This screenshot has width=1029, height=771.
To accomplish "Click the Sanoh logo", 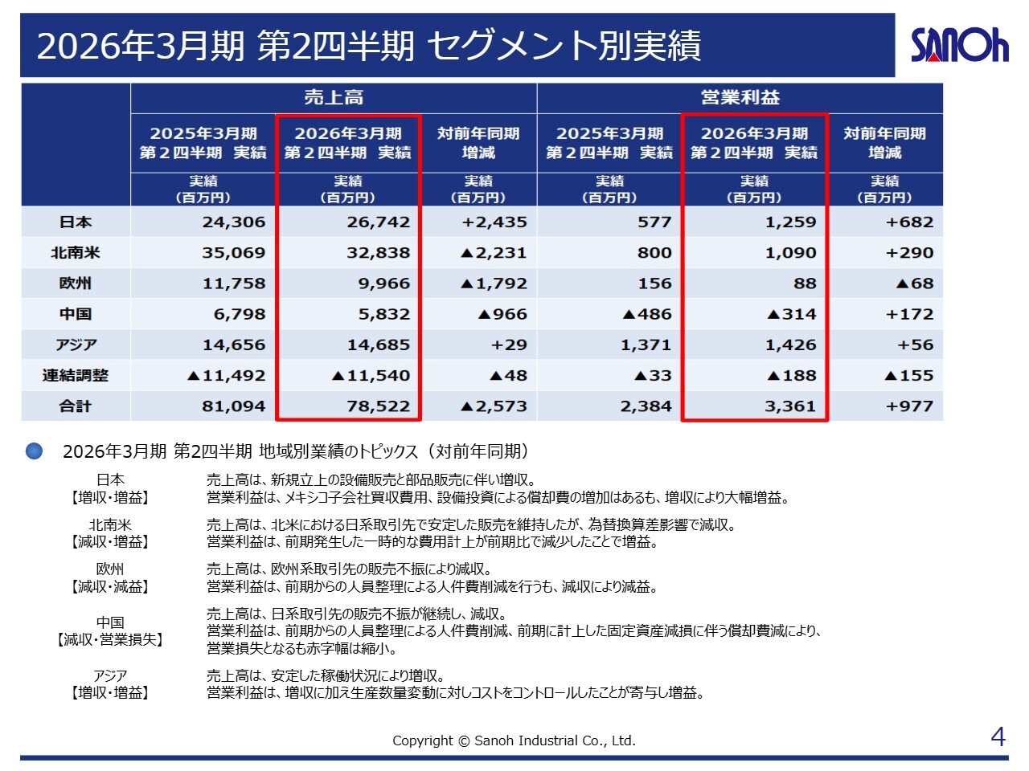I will click(959, 45).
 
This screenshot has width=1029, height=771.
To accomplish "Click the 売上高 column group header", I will click(334, 98).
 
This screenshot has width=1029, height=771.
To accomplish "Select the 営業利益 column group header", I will click(740, 98).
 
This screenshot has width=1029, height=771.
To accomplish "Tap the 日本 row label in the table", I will click(76, 222).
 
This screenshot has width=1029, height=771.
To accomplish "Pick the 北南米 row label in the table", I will click(76, 253).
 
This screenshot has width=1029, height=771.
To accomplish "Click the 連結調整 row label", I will click(76, 376).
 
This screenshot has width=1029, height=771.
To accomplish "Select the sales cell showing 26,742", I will click(378, 222).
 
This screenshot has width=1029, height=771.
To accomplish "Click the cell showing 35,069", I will click(233, 253).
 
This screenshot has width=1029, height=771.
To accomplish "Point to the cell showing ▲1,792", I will click(494, 284).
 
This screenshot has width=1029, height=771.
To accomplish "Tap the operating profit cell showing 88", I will click(805, 284).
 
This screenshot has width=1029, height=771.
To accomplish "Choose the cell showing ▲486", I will click(647, 314).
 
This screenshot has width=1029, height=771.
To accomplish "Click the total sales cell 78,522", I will click(378, 406).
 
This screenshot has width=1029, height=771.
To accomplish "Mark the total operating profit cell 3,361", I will click(790, 406).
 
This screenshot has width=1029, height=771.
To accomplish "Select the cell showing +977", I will click(909, 406).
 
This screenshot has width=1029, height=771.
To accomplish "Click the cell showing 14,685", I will click(378, 345).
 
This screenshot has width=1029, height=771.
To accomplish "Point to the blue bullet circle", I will click(34, 451).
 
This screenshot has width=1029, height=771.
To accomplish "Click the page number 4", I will click(998, 736).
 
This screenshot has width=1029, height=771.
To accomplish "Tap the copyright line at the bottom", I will click(514, 740).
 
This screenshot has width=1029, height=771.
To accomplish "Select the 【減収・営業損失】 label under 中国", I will click(110, 640).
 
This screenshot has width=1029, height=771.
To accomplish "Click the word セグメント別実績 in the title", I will click(564, 46).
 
